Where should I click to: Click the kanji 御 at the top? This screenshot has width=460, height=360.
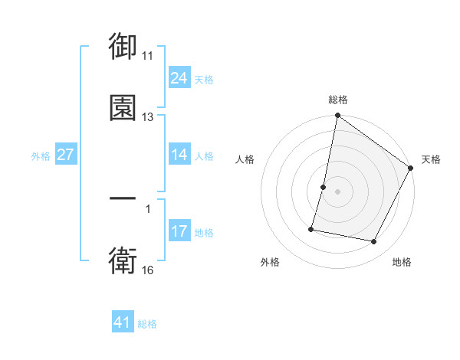pyautogui.click(x=123, y=48)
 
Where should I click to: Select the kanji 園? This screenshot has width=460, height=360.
pyautogui.click(x=123, y=107)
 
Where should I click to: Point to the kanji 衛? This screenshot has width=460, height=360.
pyautogui.click(x=123, y=260)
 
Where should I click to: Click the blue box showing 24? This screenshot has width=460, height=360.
pyautogui.click(x=179, y=77)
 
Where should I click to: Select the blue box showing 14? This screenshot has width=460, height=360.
pyautogui.click(x=179, y=155)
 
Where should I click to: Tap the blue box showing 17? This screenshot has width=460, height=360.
pyautogui.click(x=179, y=231)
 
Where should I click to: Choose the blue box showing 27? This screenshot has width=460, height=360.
pyautogui.click(x=65, y=155)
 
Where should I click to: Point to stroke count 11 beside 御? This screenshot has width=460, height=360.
pyautogui.click(x=148, y=56)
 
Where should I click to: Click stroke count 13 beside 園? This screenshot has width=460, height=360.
pyautogui.click(x=148, y=117)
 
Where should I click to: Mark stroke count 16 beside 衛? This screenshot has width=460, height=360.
pyautogui.click(x=148, y=270)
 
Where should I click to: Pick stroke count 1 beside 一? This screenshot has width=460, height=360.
pyautogui.click(x=148, y=208)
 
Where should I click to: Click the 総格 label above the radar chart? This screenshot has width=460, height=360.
pyautogui.click(x=337, y=100)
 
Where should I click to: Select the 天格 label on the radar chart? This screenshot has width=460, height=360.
pyautogui.click(x=431, y=159)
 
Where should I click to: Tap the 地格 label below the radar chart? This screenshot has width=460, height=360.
pyautogui.click(x=402, y=263)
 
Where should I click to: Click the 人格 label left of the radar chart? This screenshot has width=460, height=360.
pyautogui.click(x=245, y=159)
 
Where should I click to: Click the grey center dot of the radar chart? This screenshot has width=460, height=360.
pyautogui.click(x=337, y=191)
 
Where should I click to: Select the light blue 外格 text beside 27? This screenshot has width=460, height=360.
pyautogui.click(x=41, y=155)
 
